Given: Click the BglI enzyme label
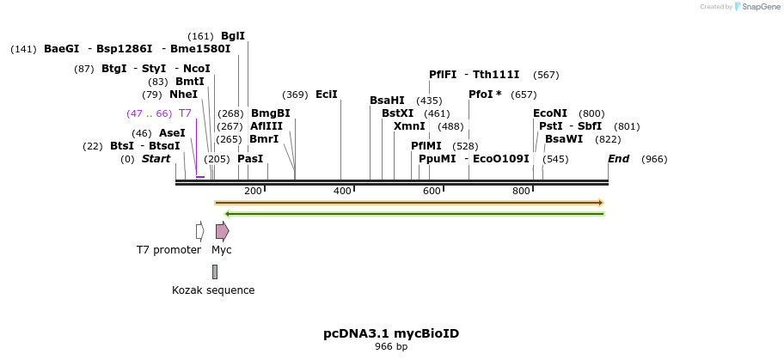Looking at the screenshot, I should pos(233,36).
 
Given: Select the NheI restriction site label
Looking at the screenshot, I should pos(183,95).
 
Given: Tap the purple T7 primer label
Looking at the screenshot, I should pos(185,113).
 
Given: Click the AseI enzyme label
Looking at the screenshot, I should pos(172,133).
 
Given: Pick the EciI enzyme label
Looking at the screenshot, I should pos(327,95).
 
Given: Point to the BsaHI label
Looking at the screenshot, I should pos(387,101).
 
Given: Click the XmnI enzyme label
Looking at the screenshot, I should pos(409,126).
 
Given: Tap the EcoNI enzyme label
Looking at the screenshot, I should pos(550,113).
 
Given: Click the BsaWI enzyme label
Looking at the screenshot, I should pos(564,139).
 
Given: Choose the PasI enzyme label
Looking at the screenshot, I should pos(250,159).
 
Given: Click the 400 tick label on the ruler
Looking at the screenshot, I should pos(342,191).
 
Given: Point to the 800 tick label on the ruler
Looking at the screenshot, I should pos(521,191).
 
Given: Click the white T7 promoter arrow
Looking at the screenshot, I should pos(199,231).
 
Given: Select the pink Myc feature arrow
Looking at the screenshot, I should pos(222,231).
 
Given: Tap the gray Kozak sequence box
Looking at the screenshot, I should pos(215,272).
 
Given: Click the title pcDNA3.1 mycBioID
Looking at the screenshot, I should pos(391,333).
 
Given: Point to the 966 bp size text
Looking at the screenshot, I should pos(391,347).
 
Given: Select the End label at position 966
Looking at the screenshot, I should pos(618,159).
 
